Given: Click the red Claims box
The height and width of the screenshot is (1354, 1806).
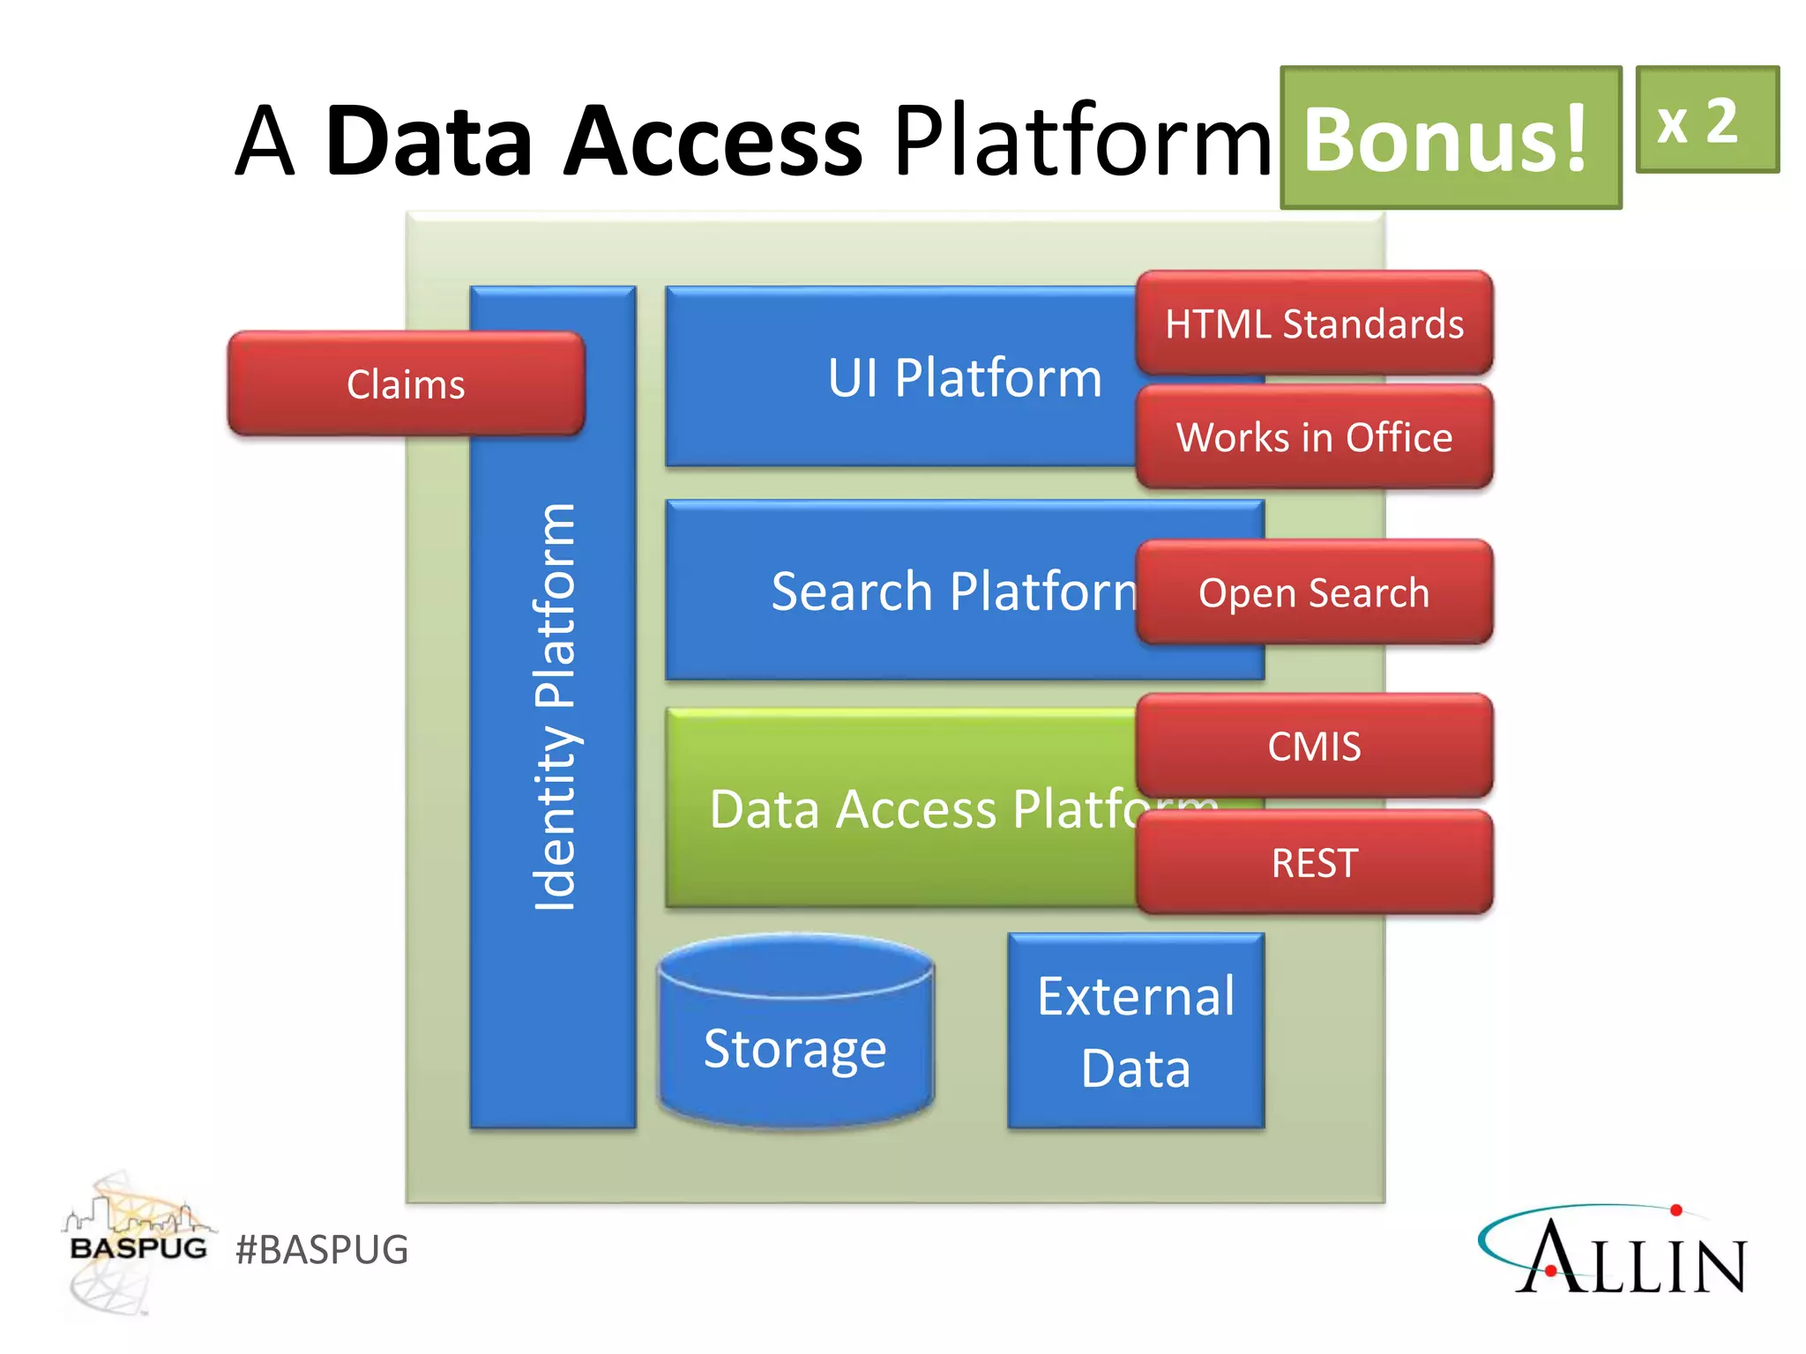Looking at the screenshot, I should pos(406,384).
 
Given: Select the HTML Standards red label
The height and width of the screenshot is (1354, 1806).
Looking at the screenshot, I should pos(1314,324).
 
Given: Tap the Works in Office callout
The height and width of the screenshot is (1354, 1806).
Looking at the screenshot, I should pos(1314,437).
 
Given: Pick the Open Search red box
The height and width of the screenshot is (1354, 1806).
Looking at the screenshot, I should pos(1314,592).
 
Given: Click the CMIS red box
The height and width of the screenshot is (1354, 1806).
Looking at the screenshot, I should pos(1314,746).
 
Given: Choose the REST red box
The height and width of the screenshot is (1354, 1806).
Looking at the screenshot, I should pos(1314,862).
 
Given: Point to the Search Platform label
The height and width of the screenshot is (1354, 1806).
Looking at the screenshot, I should pos(952,591).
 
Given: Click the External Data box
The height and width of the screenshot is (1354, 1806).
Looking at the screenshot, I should pos(1136,1031).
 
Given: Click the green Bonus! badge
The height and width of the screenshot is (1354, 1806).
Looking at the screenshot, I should pos(1450,138).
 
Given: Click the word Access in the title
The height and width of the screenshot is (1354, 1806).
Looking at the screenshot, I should pos(713,141).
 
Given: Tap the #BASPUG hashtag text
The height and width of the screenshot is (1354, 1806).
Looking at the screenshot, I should pos(322,1250).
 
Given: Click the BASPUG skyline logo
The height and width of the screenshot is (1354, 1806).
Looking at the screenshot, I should pos(137,1243).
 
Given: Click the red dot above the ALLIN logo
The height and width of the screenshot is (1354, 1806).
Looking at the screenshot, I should pos(1676,1210).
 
